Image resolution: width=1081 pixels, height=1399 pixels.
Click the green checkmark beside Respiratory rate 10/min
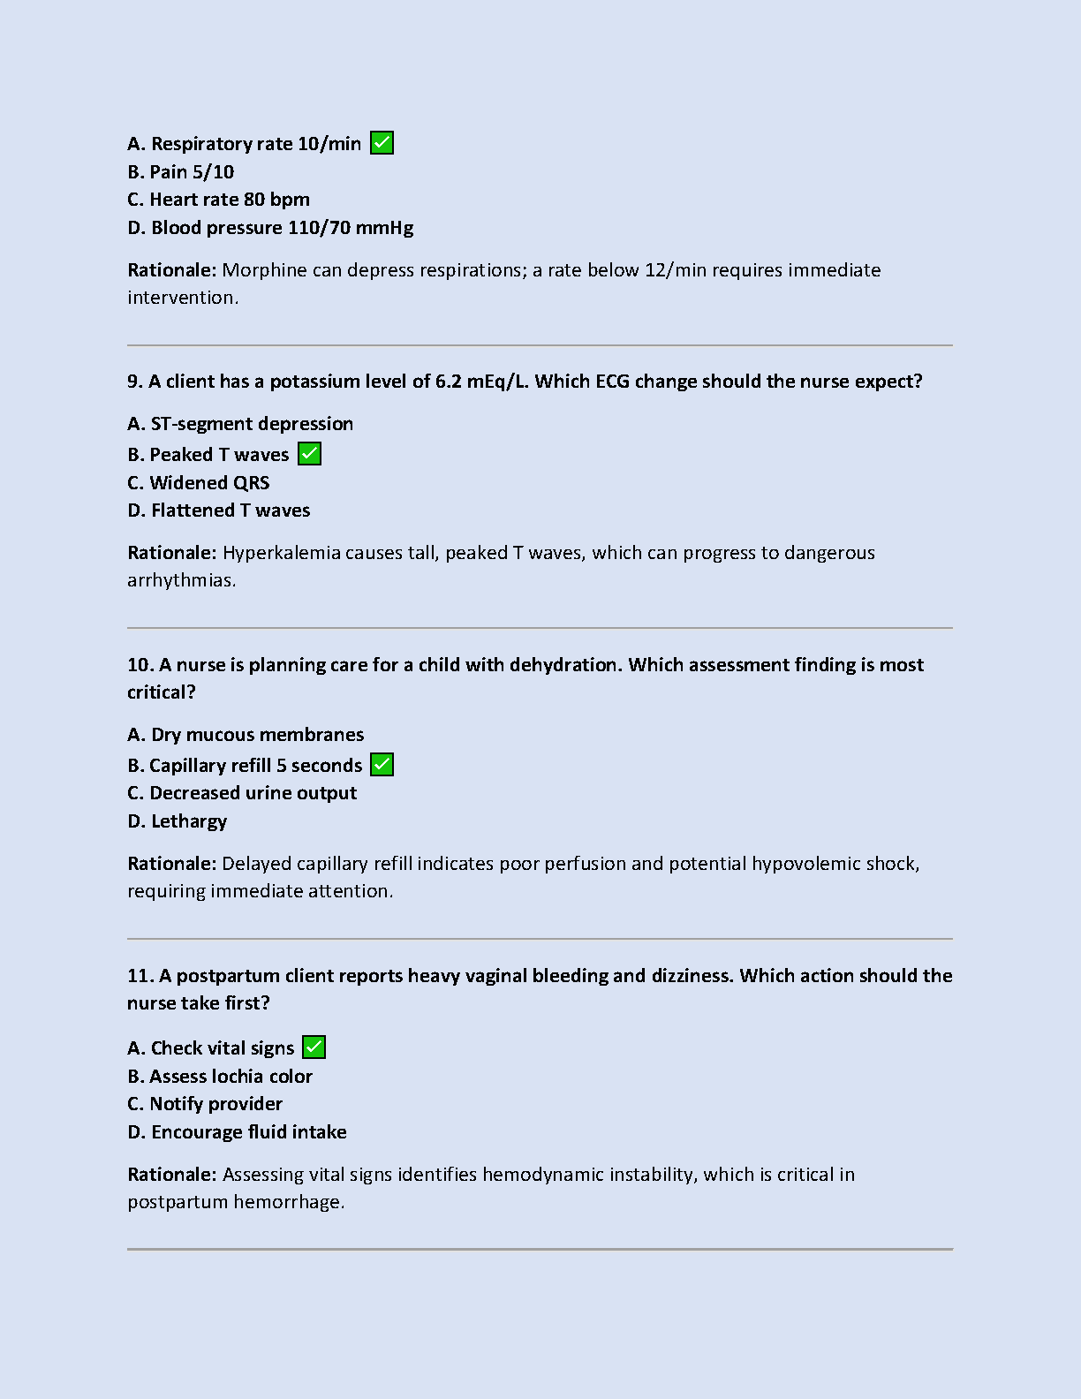click(382, 143)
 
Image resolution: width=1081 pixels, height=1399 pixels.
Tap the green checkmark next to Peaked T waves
click(309, 454)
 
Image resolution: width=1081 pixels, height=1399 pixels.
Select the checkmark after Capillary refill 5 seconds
click(382, 765)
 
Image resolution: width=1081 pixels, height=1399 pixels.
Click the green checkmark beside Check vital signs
click(314, 1047)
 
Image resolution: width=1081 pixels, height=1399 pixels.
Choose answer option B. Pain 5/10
click(180, 172)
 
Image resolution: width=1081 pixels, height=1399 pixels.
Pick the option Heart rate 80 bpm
click(218, 200)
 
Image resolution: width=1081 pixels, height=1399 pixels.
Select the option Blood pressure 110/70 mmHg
click(270, 228)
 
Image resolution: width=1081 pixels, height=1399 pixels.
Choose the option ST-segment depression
click(240, 424)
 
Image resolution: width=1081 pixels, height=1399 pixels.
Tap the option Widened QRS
click(199, 483)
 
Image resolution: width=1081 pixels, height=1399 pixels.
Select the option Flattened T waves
click(219, 510)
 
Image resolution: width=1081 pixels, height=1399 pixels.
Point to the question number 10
click(140, 665)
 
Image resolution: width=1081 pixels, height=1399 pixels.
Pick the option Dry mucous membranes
click(246, 735)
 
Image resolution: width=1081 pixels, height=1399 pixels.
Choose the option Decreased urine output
click(242, 793)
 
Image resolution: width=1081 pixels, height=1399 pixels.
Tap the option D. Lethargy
click(178, 821)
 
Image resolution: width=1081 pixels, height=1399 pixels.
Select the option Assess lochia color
click(220, 1077)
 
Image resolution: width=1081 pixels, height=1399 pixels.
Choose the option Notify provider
click(205, 1104)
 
